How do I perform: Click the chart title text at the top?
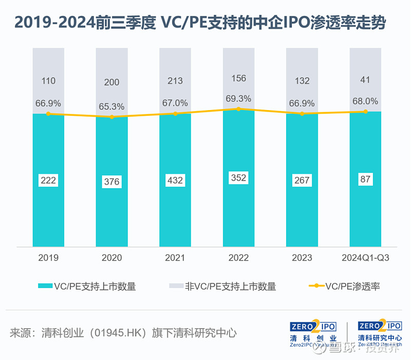200,24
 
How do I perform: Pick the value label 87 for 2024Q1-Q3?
366,179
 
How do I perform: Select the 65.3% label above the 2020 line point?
111,106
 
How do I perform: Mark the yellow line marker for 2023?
302,114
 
